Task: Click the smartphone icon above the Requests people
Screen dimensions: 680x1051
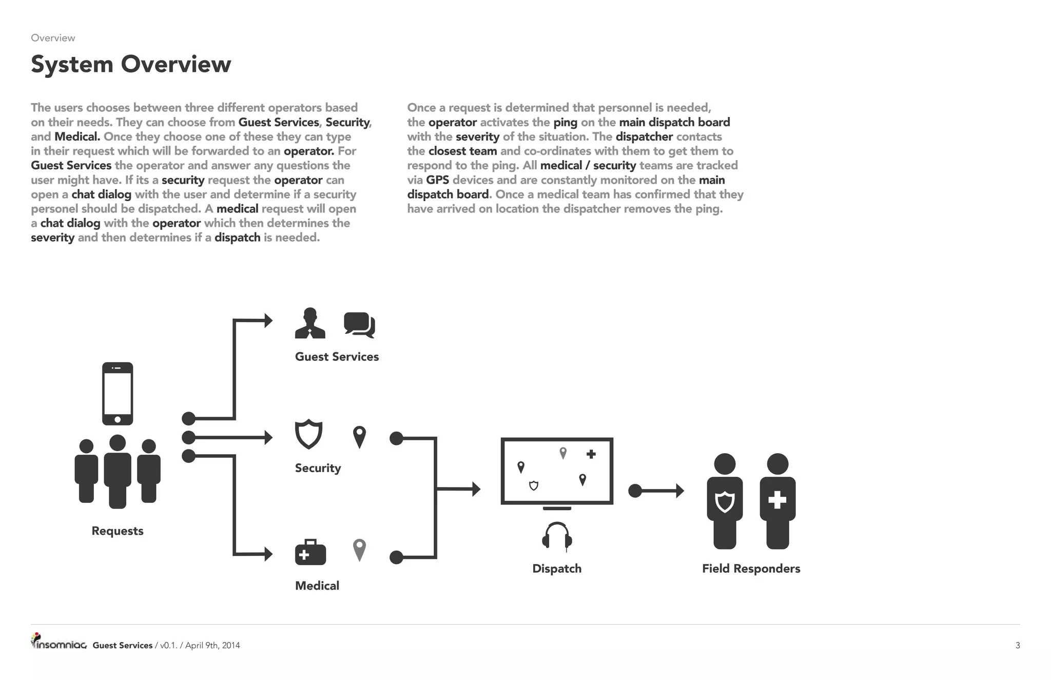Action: click(x=118, y=394)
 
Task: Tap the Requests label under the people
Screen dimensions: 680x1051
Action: click(x=118, y=531)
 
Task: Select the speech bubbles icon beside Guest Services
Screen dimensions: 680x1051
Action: click(x=359, y=324)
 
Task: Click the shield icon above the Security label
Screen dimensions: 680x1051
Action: click(x=308, y=434)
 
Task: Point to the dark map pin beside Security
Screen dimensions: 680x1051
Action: click(x=360, y=437)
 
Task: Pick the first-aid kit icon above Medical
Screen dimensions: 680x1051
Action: click(x=310, y=552)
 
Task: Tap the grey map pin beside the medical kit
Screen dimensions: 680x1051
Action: click(x=360, y=550)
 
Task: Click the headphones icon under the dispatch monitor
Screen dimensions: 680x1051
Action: click(x=557, y=536)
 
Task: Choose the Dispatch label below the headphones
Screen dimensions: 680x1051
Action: click(x=557, y=569)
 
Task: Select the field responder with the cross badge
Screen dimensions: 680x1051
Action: click(x=777, y=500)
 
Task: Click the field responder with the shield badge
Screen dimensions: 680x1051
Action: click(x=725, y=500)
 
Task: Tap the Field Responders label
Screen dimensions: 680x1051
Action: click(x=751, y=569)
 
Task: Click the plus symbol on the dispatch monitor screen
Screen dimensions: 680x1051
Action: click(x=591, y=454)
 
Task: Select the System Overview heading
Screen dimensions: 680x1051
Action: click(x=131, y=64)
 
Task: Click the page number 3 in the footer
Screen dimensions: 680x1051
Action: click(x=1018, y=646)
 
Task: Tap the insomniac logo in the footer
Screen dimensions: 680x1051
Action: click(x=59, y=643)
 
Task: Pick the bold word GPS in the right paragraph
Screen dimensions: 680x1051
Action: click(x=437, y=180)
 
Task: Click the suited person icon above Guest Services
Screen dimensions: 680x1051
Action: click(x=310, y=323)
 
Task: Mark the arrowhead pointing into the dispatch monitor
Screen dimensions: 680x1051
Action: click(x=476, y=489)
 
